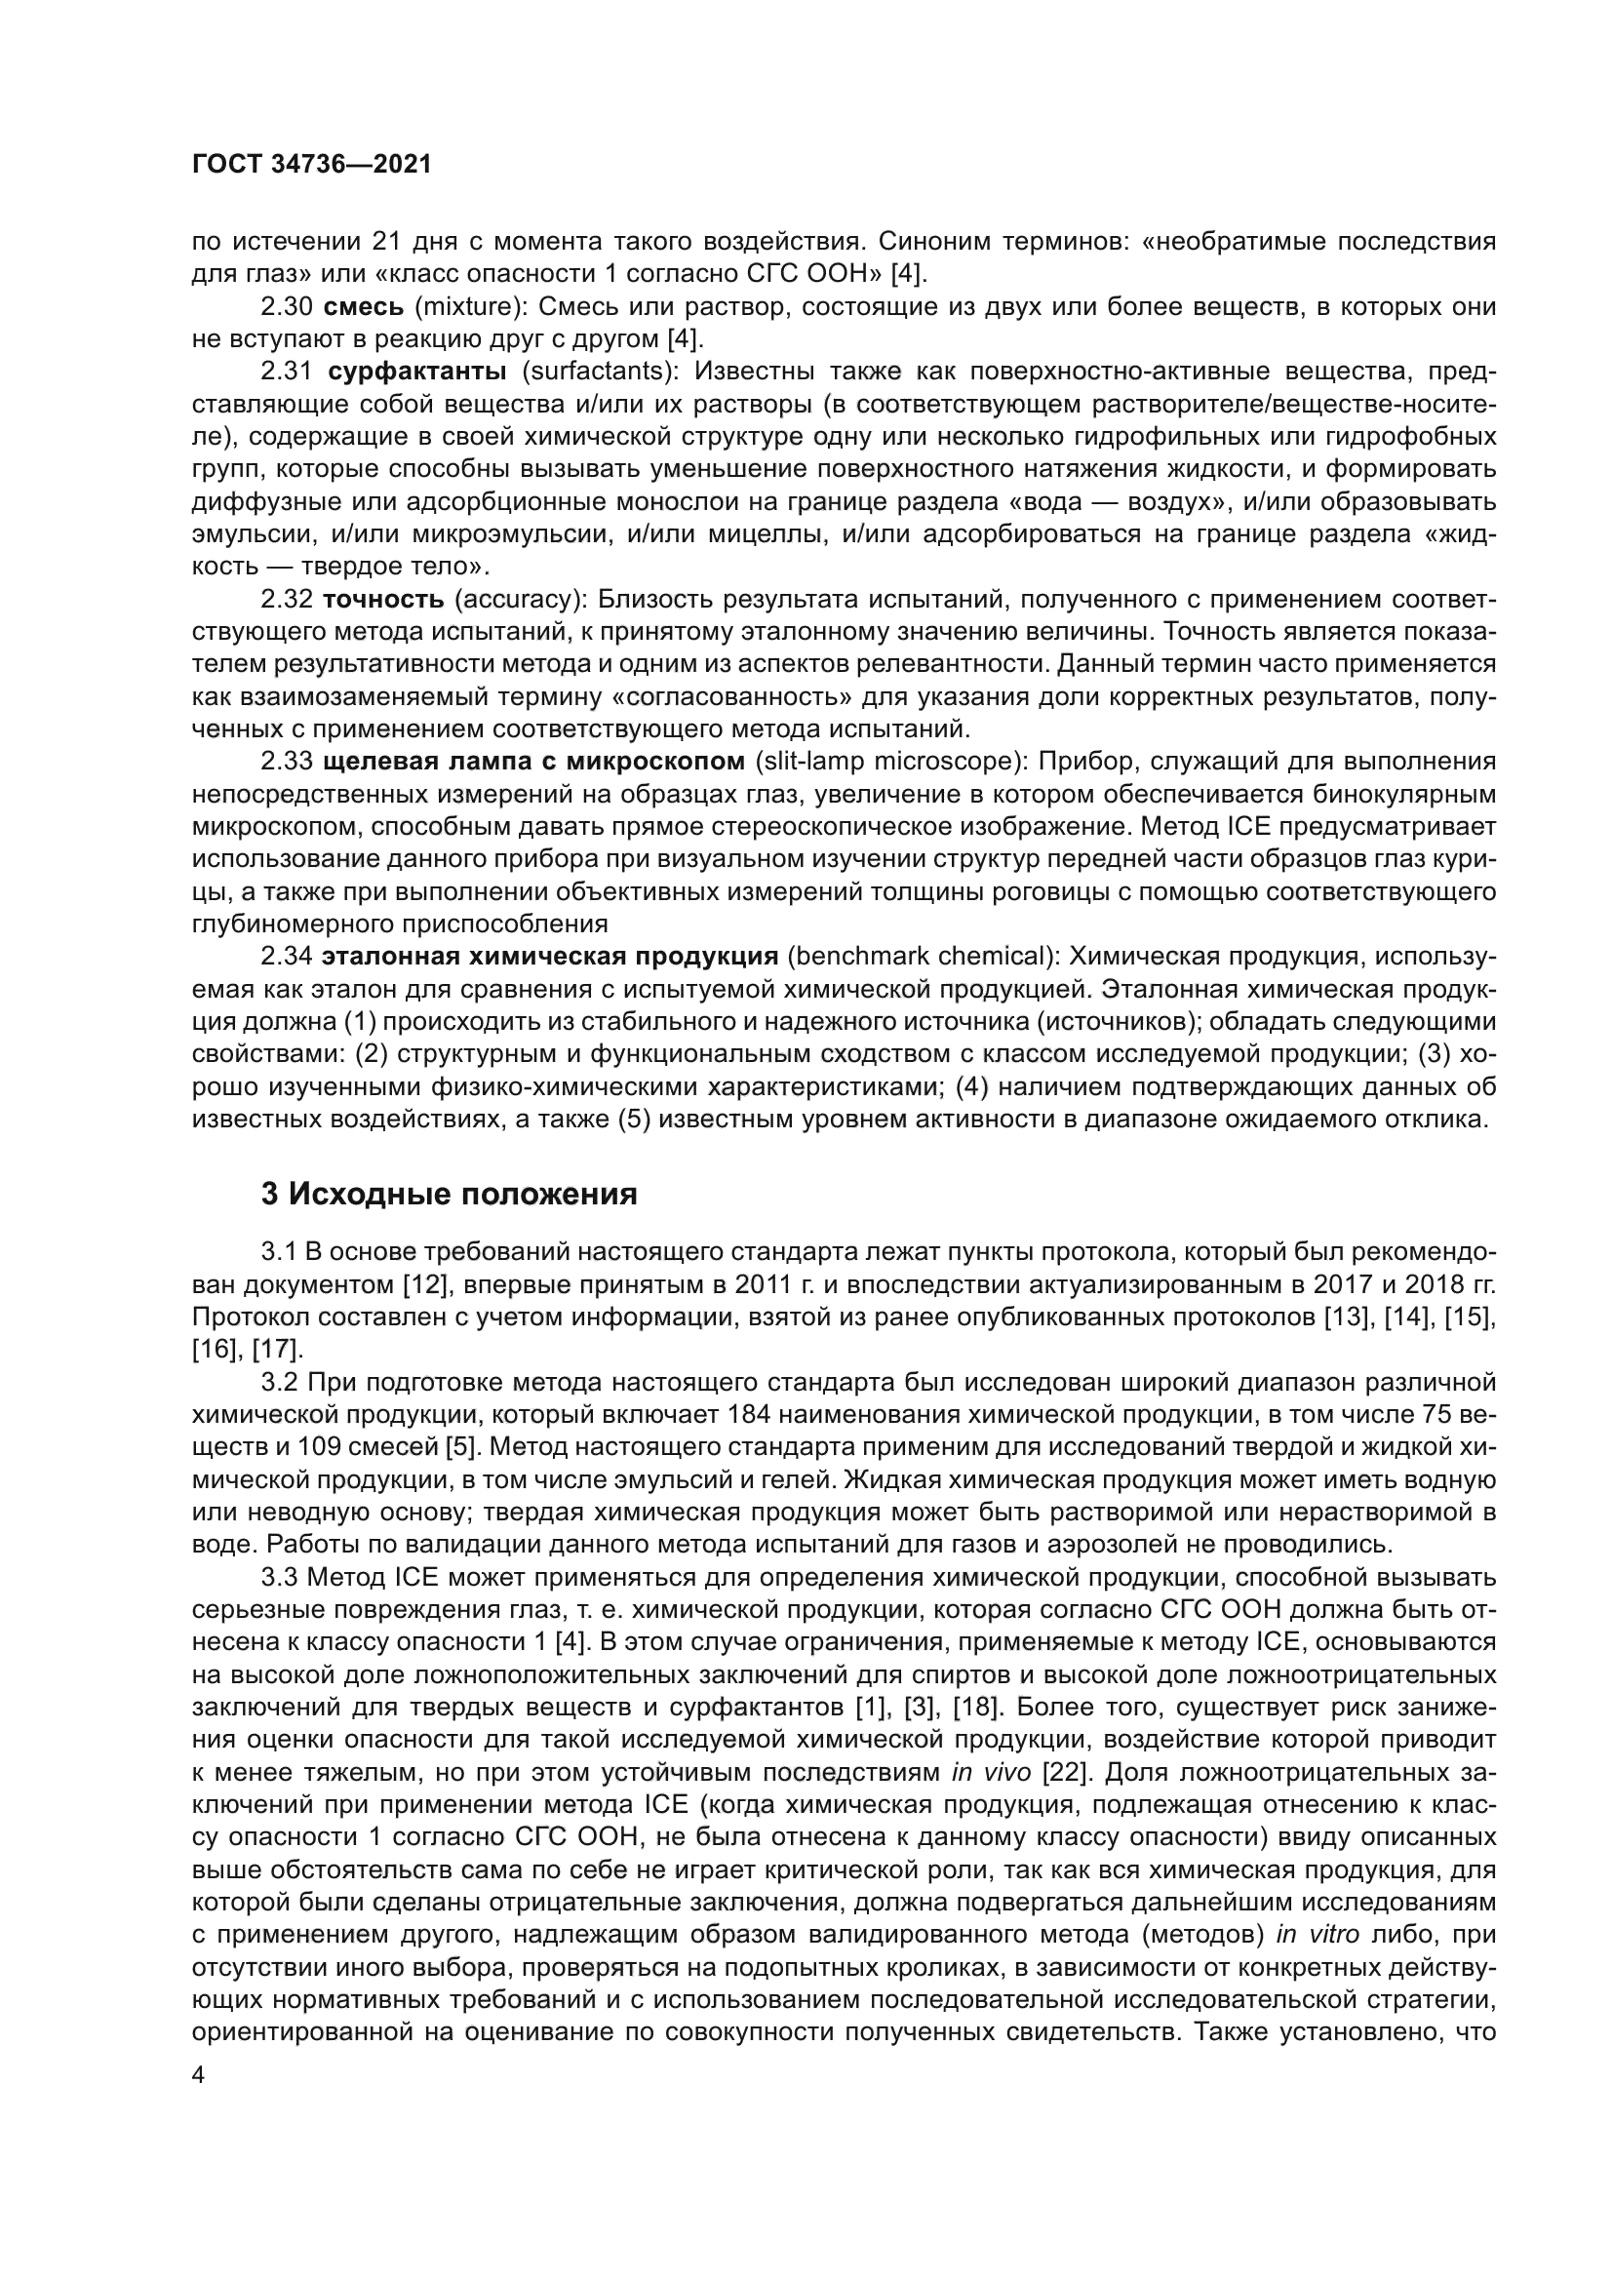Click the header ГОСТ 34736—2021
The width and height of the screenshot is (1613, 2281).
coord(312,165)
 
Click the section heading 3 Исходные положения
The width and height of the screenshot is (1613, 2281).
coord(449,1193)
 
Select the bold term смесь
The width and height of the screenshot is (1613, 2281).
coord(365,306)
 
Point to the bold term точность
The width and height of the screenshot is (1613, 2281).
coord(383,599)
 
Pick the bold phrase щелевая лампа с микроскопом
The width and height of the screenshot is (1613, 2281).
coord(533,762)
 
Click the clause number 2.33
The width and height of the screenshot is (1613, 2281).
coord(287,762)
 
